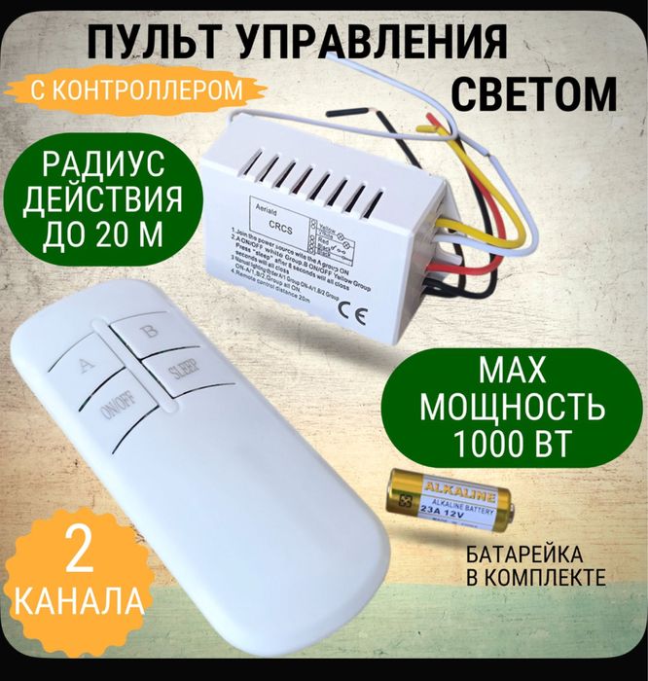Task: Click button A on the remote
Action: [x=86, y=367]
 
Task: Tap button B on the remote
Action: [x=148, y=331]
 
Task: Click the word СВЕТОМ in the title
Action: [x=535, y=94]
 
